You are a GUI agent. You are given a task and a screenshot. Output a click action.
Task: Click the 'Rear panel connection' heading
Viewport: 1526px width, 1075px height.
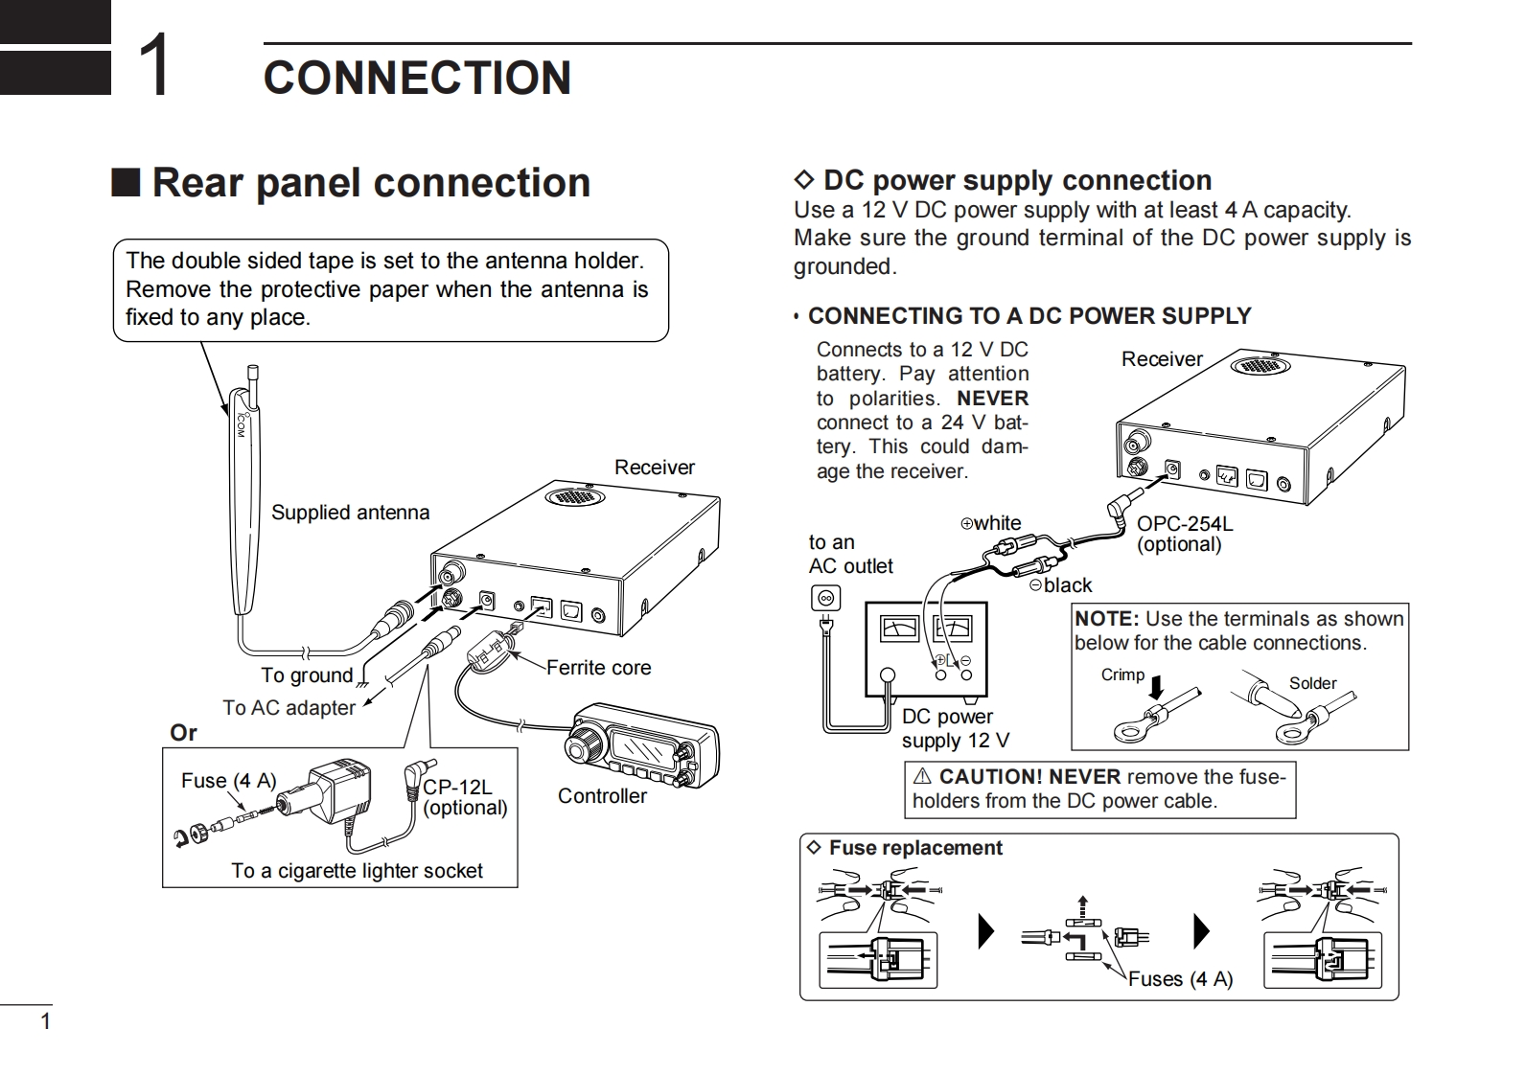pyautogui.click(x=370, y=183)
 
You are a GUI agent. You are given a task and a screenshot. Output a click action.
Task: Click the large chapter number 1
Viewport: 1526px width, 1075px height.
pyautogui.click(x=154, y=65)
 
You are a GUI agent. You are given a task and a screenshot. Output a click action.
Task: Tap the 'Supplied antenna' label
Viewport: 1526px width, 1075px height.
pyautogui.click(x=350, y=513)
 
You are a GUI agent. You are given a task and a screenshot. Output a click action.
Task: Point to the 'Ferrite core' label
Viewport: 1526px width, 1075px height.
pyautogui.click(x=598, y=668)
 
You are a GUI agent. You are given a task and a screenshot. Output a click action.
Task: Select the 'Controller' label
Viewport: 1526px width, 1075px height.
pyautogui.click(x=602, y=796)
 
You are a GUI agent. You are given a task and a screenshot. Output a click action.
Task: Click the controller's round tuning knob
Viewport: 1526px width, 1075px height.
pyautogui.click(x=584, y=743)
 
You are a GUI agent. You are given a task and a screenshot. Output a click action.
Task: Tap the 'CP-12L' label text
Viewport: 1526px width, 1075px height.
pyautogui.click(x=457, y=788)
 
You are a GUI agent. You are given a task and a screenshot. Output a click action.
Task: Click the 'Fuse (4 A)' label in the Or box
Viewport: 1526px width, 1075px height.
pyautogui.click(x=228, y=781)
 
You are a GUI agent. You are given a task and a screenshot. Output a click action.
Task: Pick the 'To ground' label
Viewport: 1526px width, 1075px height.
pyautogui.click(x=307, y=675)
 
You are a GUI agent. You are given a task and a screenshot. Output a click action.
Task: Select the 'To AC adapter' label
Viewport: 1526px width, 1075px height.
pyautogui.click(x=289, y=708)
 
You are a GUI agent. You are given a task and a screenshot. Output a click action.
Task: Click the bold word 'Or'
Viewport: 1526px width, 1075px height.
pyautogui.click(x=183, y=733)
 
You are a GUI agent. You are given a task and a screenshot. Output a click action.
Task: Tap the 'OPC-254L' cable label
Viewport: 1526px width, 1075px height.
pyautogui.click(x=1185, y=524)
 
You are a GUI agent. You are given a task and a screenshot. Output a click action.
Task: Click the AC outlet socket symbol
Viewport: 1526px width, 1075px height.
pyautogui.click(x=825, y=599)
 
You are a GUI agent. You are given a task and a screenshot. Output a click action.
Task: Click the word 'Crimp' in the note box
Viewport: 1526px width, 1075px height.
pyautogui.click(x=1122, y=675)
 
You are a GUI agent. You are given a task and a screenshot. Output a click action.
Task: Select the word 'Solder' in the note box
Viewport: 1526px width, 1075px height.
pyautogui.click(x=1312, y=683)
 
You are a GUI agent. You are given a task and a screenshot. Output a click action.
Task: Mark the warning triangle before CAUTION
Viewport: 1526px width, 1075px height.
pyautogui.click(x=923, y=777)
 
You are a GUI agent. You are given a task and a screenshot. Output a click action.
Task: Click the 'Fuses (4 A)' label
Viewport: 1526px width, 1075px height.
pyautogui.click(x=1180, y=979)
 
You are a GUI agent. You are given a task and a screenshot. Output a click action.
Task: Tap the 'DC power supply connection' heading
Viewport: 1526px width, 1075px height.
pyautogui.click(x=1017, y=180)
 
